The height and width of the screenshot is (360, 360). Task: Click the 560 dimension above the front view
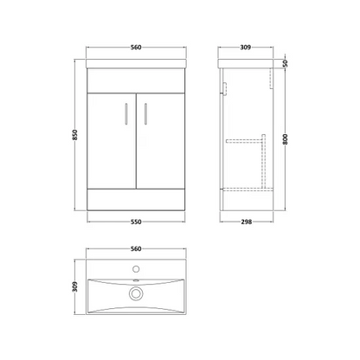coord(136,47)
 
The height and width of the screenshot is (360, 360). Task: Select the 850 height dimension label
coord(75,135)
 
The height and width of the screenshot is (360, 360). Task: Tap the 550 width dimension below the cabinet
coord(136,222)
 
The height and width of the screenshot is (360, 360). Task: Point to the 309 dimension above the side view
coord(246,47)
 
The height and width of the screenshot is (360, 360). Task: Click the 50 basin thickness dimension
coord(285,63)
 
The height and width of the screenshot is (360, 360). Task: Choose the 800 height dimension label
coord(285,139)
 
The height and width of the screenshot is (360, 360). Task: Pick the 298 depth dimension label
coord(246,222)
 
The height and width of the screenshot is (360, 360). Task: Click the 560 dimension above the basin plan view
coord(136,248)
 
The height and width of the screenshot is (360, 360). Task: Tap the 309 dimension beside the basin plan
coord(75,286)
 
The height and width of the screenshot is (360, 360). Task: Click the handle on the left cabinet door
coord(126,113)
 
